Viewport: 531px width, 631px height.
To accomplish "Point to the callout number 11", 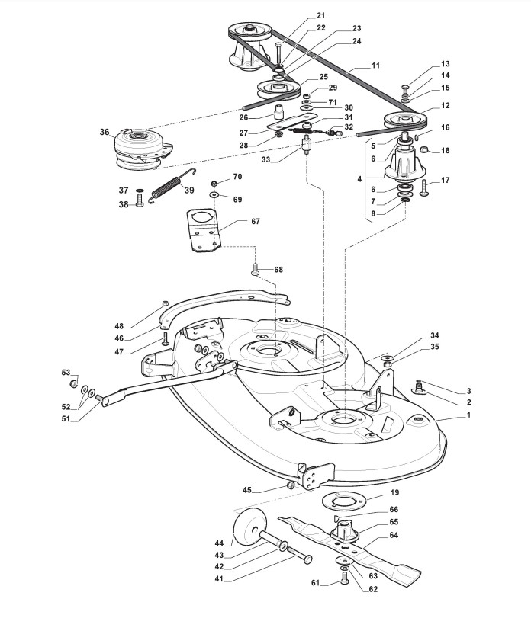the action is point(375,66).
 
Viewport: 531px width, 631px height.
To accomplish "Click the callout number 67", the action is point(256,221).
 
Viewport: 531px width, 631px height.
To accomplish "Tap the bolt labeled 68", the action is point(255,269).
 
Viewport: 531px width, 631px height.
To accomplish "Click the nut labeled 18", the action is point(424,150).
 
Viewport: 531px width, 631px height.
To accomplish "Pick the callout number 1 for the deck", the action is point(468,415).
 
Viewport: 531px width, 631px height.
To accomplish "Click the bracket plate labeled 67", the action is point(204,231).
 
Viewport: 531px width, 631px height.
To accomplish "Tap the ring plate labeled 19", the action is point(343,501).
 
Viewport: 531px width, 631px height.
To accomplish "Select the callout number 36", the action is point(105,132).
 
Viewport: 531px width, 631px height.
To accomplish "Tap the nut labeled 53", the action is point(73,383).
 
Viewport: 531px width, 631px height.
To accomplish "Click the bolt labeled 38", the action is point(140,200).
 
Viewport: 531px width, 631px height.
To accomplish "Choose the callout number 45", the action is point(247,490).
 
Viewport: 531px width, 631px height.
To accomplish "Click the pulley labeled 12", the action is point(404,119).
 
